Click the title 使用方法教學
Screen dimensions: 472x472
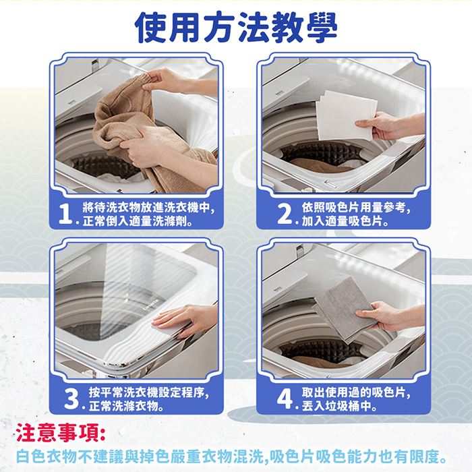pyautogui.click(x=236, y=28)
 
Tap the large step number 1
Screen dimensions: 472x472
pyautogui.click(x=65, y=214)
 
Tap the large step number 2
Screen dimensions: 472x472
pyautogui.click(x=284, y=214)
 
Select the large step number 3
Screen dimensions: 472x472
pyautogui.click(x=71, y=399)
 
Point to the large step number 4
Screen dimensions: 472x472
pyautogui.click(x=285, y=399)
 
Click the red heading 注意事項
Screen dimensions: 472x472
pyautogui.click(x=61, y=433)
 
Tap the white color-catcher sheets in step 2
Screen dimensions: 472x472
pyautogui.click(x=346, y=115)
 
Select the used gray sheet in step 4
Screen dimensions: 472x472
pyautogui.click(x=345, y=309)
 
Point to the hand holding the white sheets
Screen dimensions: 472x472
pyautogui.click(x=388, y=125)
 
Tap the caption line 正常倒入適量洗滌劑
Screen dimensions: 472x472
pyautogui.click(x=138, y=221)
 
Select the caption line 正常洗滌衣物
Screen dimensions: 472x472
pyautogui.click(x=126, y=406)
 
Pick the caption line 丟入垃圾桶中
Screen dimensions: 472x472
pyautogui.click(x=339, y=406)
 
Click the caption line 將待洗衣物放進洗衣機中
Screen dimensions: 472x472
pyautogui.click(x=149, y=208)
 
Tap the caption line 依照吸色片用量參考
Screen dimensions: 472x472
pyautogui.click(x=356, y=208)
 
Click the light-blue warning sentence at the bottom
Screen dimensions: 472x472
pyautogui.click(x=231, y=456)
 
